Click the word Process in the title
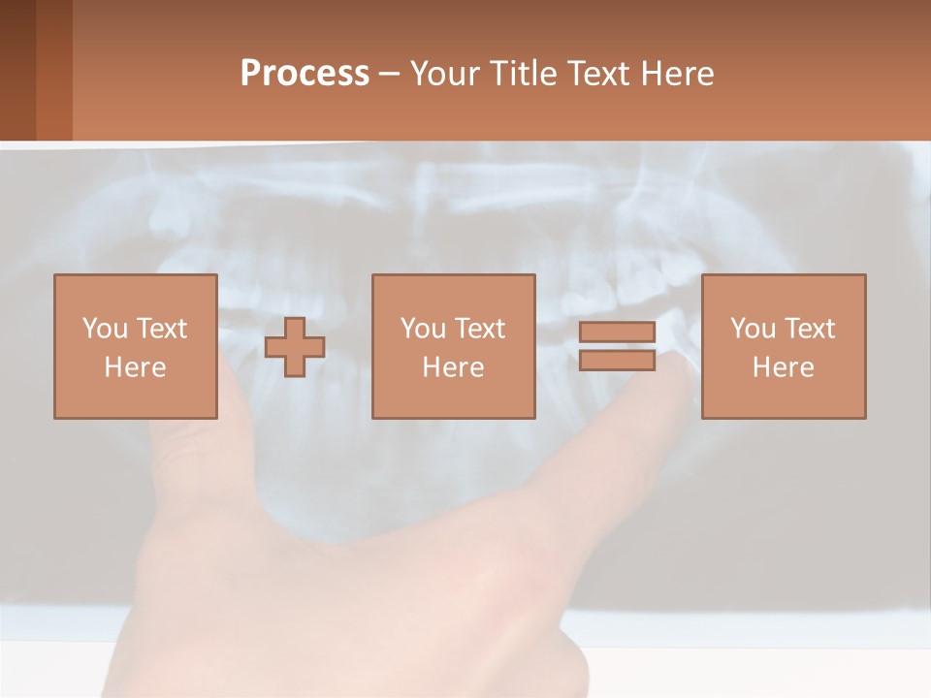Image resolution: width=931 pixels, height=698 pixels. coord(305,74)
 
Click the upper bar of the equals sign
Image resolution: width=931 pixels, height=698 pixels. coord(617,333)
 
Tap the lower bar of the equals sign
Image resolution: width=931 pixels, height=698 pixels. coord(617,360)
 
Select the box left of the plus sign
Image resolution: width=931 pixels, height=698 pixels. coord(135,346)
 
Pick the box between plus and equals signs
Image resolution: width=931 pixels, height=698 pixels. coord(453,346)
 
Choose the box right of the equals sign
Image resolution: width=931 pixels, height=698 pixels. coord(783,346)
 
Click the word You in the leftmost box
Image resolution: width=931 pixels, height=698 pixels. coord(105,329)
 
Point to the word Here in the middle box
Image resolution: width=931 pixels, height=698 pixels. coord(453,367)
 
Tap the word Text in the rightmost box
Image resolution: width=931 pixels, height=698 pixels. coord(810,329)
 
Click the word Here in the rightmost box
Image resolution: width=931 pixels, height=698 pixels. coord(783,367)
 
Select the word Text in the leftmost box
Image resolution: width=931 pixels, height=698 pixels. coord(161,329)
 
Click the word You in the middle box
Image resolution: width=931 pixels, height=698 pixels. coord(423,329)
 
